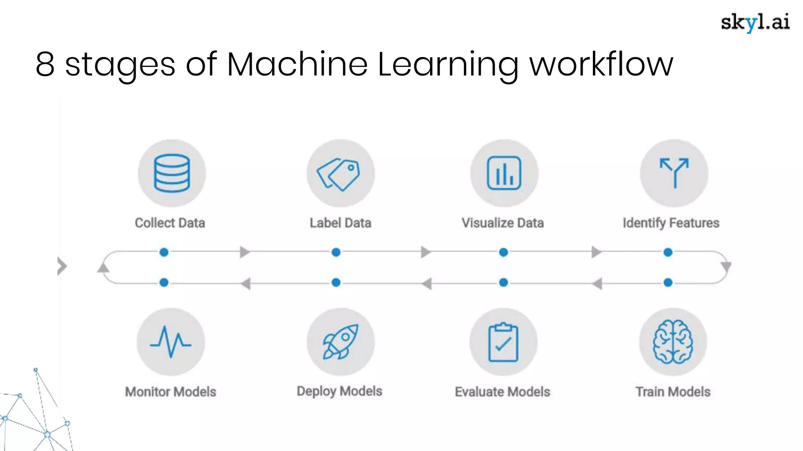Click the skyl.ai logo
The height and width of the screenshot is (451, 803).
[755, 22]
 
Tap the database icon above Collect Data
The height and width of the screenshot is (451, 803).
[172, 173]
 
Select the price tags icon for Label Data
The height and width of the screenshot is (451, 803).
[340, 174]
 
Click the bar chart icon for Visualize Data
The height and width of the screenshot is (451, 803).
[504, 173]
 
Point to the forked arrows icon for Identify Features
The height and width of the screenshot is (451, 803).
[674, 173]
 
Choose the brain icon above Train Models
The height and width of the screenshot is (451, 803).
[673, 342]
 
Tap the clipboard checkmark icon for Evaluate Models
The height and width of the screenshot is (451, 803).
[503, 342]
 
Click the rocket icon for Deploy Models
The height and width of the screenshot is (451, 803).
[340, 342]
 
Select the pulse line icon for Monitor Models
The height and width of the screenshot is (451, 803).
[171, 342]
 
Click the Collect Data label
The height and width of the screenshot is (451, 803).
[170, 223]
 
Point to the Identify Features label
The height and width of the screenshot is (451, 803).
[671, 223]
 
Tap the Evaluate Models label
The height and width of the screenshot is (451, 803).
[502, 391]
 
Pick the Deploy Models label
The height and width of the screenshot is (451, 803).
[339, 391]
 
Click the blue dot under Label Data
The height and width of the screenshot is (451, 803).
[336, 252]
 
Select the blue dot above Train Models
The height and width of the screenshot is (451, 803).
[668, 282]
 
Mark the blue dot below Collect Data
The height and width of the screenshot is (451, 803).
[164, 252]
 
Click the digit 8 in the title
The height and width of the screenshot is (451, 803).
[45, 64]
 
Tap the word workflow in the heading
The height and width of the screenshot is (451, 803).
[601, 64]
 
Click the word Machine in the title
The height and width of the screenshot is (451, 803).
[297, 64]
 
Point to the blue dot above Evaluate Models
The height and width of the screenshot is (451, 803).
[503, 282]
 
